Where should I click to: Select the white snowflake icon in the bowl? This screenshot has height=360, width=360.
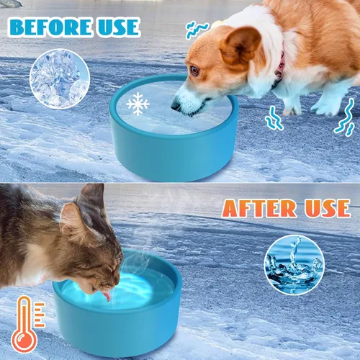tap(138, 104)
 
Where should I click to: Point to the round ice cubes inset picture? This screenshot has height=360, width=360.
tap(59, 78)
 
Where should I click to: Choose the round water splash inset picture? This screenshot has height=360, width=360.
tap(293, 264)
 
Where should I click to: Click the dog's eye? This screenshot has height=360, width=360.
tap(194, 70)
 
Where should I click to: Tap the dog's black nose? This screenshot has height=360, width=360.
tap(175, 106)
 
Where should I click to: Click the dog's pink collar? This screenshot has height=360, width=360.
tap(279, 66)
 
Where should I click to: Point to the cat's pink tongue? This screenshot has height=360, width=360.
tap(106, 296)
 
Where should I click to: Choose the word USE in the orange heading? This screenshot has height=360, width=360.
tap(323, 208)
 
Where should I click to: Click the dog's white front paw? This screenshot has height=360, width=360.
tap(291, 108)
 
